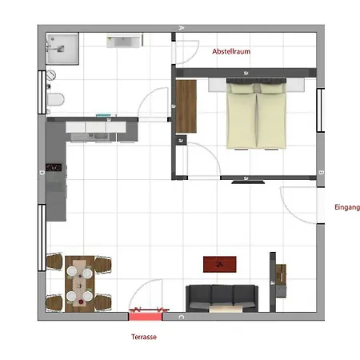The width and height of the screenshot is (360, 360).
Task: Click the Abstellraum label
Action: pyautogui.click(x=231, y=51)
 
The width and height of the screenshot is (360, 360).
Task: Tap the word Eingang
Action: pyautogui.click(x=347, y=207)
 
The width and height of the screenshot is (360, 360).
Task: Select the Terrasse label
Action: pyautogui.click(x=144, y=337)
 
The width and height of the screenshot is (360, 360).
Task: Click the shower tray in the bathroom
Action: pyautogui.click(x=62, y=49)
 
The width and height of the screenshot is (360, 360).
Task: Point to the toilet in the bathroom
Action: pyautogui.click(x=56, y=99)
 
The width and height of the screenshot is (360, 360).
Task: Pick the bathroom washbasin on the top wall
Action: pyautogui.click(x=123, y=41)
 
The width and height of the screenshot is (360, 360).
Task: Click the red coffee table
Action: pyautogui.click(x=220, y=264)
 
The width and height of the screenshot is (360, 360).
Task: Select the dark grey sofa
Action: pyautogui.click(x=222, y=298)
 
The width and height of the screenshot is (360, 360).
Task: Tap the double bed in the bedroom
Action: pyautogui.click(x=256, y=114)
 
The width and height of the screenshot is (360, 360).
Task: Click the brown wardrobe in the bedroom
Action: pyautogui.click(x=186, y=106)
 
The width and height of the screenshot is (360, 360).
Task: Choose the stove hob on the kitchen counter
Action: pyautogui.click(x=54, y=167)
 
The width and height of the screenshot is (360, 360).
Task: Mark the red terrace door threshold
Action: pyautogui.click(x=146, y=317)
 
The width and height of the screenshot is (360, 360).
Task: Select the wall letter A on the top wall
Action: pyautogui.click(x=182, y=27)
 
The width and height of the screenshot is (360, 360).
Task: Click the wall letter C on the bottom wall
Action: pyautogui.click(x=182, y=317)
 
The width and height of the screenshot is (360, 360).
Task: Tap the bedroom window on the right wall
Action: pyautogui.click(x=321, y=110)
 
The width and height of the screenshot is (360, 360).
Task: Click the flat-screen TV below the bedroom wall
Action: pyautogui.click(x=248, y=182)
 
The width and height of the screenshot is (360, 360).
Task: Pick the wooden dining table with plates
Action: pyautogui.click(x=79, y=284)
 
